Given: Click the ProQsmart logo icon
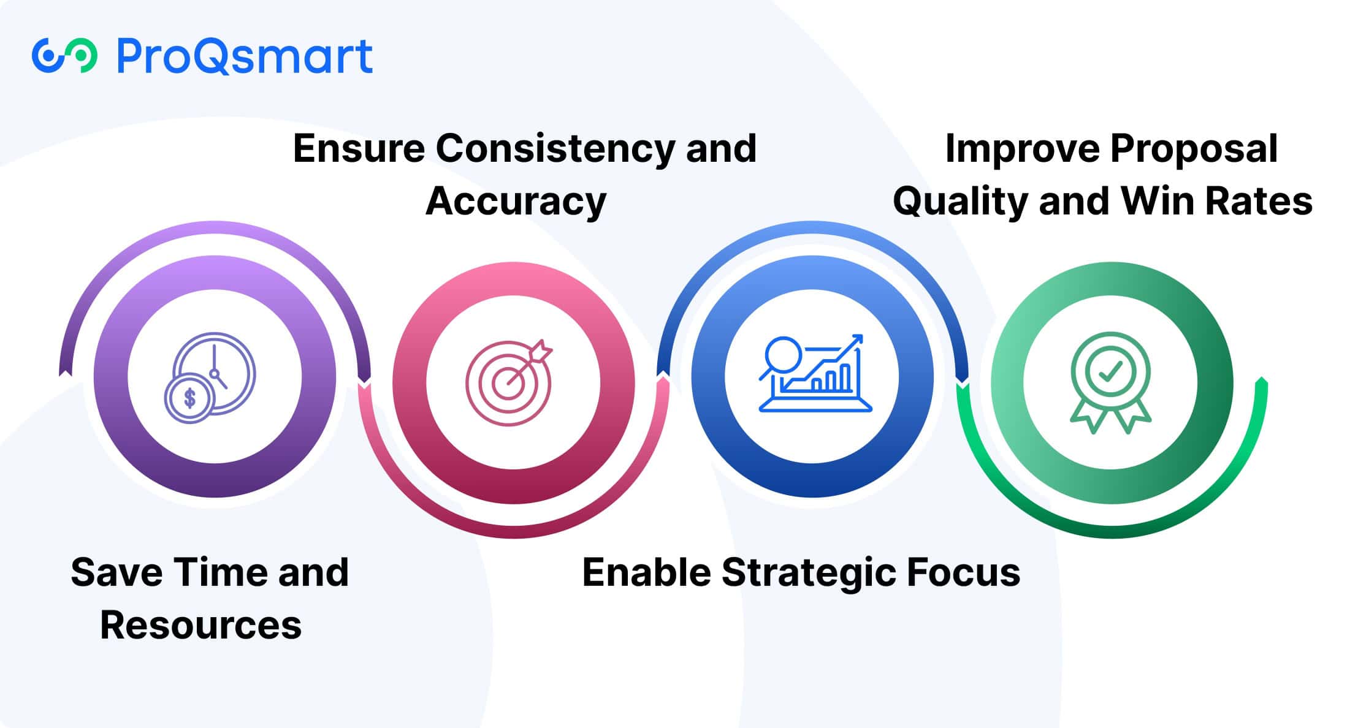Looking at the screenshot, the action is (x=64, y=56).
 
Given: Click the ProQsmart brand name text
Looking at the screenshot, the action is (x=245, y=56).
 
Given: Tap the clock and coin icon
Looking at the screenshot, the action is (x=210, y=377).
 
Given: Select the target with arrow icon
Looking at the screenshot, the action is (x=509, y=382).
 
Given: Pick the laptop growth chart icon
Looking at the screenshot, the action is (x=815, y=373).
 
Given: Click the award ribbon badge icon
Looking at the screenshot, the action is (x=1110, y=382).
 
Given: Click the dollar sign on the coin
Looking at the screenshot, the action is (x=189, y=398).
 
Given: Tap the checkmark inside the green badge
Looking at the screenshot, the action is (x=1110, y=371).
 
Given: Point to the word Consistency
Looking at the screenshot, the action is (x=555, y=149).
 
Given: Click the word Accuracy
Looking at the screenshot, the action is (x=516, y=202).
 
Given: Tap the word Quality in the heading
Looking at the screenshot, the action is (x=959, y=202).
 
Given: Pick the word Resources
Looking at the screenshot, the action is (x=201, y=625).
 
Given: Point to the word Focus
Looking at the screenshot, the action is (x=964, y=572).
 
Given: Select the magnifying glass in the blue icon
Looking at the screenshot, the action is (x=780, y=357).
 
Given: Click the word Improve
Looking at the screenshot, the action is (x=1023, y=149).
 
